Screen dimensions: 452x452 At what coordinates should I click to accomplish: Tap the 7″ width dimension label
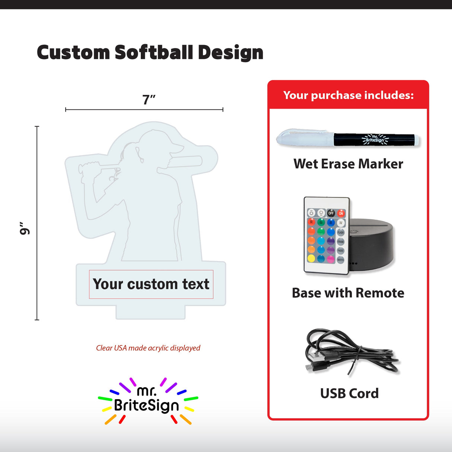(149, 100)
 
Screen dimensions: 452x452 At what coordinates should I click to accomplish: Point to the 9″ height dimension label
(25, 229)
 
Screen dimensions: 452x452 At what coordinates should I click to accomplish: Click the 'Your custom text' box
(151, 284)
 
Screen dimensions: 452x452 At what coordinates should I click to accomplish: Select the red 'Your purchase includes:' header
(348, 95)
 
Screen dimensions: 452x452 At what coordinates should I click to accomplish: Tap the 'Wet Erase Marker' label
(348, 164)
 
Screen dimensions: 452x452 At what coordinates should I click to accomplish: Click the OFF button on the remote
(331, 213)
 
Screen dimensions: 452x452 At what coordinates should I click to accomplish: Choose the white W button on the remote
(341, 223)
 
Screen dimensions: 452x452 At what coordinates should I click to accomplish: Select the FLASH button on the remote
(341, 232)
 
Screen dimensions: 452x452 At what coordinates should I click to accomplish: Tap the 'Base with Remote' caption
(348, 293)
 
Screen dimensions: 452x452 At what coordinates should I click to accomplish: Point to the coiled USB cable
(350, 352)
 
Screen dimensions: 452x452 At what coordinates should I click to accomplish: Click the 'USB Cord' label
(349, 394)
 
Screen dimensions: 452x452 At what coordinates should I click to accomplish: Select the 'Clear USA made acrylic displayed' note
(148, 348)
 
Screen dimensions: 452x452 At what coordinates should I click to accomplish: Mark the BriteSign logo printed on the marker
(375, 139)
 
